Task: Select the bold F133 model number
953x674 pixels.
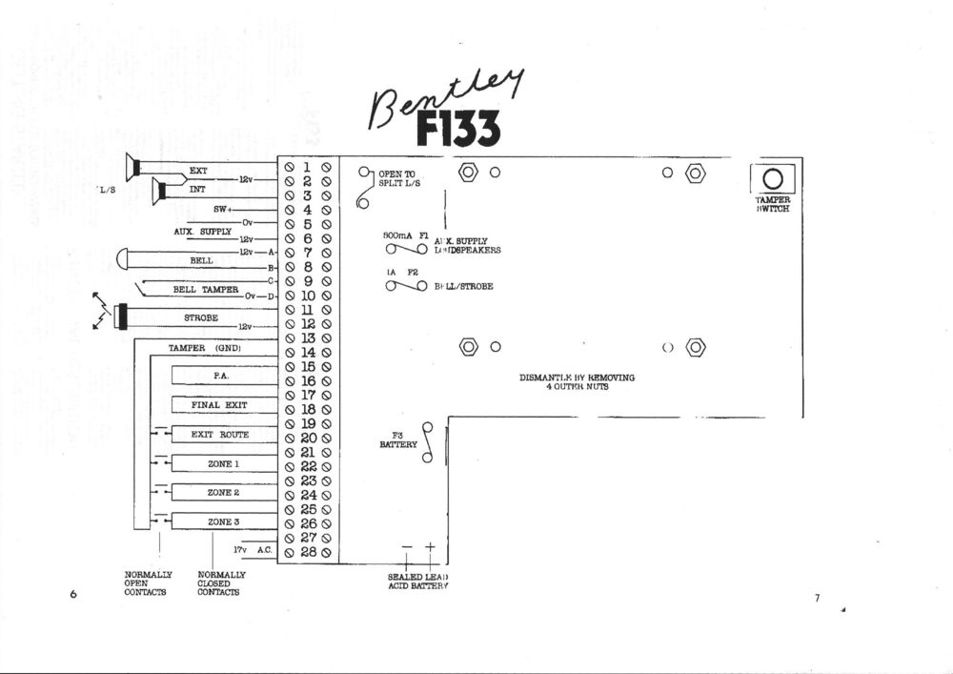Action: tap(456, 129)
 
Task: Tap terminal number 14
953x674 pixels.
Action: tap(308, 352)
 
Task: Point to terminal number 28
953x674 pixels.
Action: tap(308, 552)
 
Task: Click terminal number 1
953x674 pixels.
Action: tap(308, 167)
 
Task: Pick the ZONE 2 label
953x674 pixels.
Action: tap(223, 493)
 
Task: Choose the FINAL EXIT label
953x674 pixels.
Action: tap(219, 405)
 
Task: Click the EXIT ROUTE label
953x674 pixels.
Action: tap(220, 435)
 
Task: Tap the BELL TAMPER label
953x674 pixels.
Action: tap(205, 289)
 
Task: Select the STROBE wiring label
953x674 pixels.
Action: tap(201, 317)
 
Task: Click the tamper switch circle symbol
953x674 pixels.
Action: tap(773, 178)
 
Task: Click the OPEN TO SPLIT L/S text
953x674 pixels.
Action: tap(397, 178)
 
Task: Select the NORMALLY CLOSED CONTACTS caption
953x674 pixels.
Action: tap(221, 583)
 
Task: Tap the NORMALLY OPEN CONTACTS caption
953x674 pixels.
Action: tap(148, 583)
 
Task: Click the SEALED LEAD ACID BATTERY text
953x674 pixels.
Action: tap(417, 582)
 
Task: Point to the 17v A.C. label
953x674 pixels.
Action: tap(253, 551)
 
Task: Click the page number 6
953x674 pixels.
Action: tap(73, 595)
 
